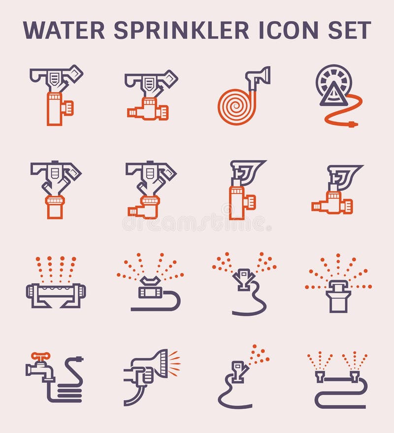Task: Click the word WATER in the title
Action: (x=64, y=30)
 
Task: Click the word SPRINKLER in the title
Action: (x=181, y=30)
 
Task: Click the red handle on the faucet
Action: (x=40, y=356)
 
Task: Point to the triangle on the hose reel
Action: (x=333, y=94)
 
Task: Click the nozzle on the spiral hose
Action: (x=259, y=76)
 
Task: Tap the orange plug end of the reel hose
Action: (x=352, y=124)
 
